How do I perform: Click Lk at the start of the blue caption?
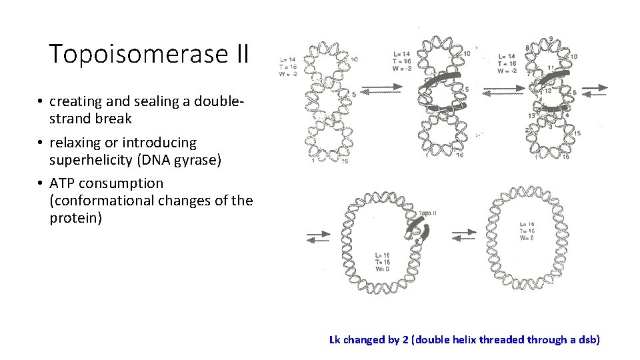335,340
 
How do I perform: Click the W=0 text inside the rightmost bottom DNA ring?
526,239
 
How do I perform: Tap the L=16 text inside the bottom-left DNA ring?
383,255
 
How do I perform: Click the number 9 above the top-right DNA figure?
549,39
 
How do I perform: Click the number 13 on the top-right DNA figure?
532,115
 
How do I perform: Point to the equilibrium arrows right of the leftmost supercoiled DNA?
381,91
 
